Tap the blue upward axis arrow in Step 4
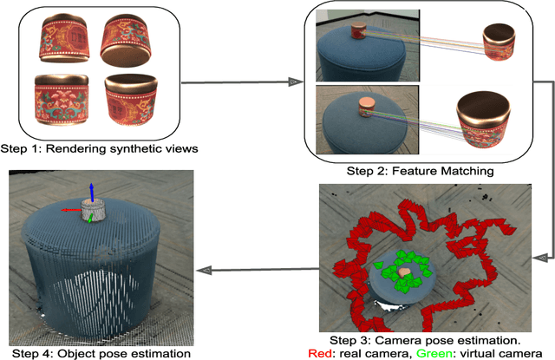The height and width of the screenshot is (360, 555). coord(92,190)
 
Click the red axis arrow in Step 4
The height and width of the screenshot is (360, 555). coord(66,209)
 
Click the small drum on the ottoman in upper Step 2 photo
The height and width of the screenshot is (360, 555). coord(358,31)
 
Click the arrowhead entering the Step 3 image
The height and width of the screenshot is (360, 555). coord(540,258)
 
